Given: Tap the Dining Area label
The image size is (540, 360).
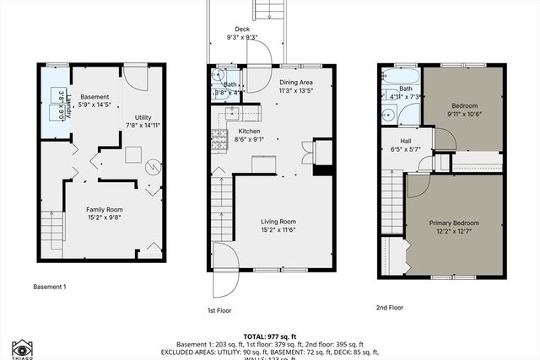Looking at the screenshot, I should point(295,83).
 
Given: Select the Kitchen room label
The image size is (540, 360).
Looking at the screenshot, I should point(249,132).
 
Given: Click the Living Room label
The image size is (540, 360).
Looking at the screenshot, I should point(278,221).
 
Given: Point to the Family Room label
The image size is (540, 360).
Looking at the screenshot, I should point(103,208).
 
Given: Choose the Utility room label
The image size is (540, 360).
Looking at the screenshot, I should point(143,117).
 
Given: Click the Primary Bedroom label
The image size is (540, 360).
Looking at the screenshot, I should point(453,223).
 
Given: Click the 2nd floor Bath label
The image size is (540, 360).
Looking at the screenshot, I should point(406,89).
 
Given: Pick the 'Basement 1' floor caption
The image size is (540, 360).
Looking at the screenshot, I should point(50,287).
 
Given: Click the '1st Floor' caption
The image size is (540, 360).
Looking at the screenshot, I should point(220,309).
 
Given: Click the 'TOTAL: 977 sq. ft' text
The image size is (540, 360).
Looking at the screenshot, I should point(270,336).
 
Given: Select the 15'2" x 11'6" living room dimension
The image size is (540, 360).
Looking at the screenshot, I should point(278,229).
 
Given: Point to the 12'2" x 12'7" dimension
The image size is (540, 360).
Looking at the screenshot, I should point(453,232).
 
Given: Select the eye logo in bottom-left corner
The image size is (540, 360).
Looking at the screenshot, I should point(22,347).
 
